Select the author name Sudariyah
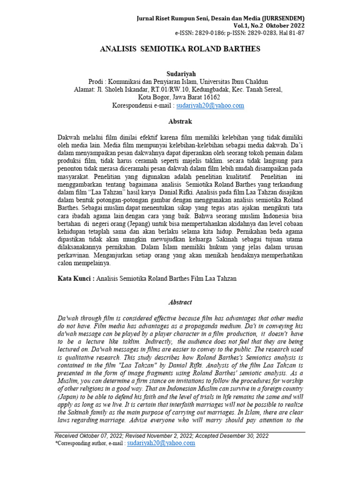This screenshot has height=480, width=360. (x=180, y=74)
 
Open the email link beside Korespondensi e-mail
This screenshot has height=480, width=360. (x=210, y=106)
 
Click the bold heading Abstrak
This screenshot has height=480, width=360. (x=180, y=121)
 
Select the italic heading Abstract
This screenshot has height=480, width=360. (x=180, y=302)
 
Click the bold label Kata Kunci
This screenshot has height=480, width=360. (x=74, y=278)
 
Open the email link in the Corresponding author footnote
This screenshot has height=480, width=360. (x=161, y=443)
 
